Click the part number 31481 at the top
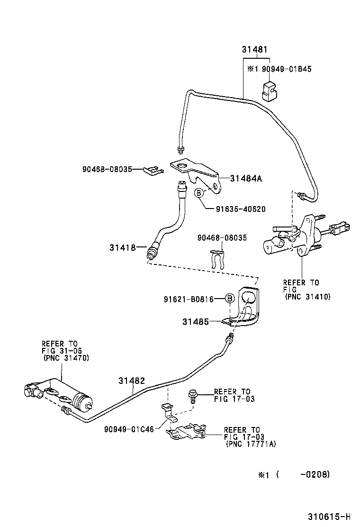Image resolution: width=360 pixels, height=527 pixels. (x=255, y=49)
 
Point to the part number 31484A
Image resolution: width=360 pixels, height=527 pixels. (x=246, y=179)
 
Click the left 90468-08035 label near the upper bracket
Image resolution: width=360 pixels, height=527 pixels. (x=106, y=169)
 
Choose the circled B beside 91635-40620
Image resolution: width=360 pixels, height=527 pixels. (x=198, y=192)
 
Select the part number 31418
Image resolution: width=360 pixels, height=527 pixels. (x=122, y=247)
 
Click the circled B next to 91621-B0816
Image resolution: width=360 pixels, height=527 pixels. (x=229, y=299)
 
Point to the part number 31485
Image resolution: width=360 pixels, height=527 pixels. (x=195, y=322)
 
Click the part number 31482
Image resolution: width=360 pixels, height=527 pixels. (x=132, y=381)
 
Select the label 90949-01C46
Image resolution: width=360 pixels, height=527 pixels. (x=129, y=429)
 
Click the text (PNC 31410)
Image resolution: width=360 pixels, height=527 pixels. (x=307, y=297)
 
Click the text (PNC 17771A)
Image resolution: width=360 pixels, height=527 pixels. (x=251, y=444)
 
